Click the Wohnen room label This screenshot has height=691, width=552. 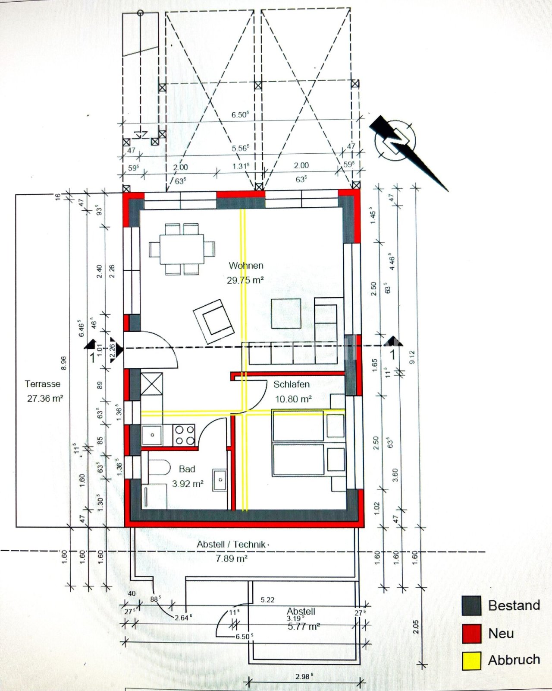(246, 266)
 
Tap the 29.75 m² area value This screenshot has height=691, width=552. (245, 280)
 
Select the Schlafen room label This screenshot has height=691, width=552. (291, 384)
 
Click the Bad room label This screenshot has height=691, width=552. (187, 469)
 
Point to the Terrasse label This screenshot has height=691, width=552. (42, 384)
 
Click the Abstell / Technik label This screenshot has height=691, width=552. (231, 545)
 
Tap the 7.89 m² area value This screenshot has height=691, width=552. (231, 559)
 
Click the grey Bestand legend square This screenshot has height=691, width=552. (471, 605)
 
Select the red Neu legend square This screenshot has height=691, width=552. (471, 634)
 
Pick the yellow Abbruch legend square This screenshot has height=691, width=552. (471, 661)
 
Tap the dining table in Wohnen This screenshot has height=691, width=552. (182, 249)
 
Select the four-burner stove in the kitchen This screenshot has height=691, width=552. (184, 434)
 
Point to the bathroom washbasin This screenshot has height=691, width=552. (220, 480)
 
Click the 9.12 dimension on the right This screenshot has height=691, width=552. (412, 356)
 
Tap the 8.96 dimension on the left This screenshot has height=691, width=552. (63, 363)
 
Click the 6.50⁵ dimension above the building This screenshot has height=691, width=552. (240, 115)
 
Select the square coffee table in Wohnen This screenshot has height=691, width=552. (286, 314)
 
